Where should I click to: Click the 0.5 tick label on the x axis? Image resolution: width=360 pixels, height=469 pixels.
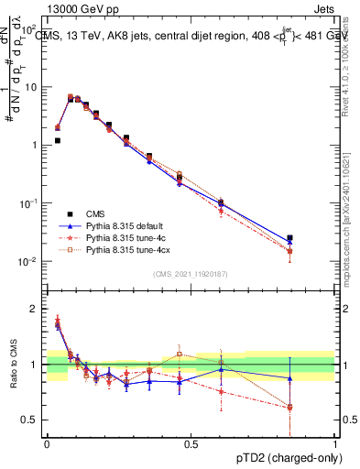click(x=191, y=442)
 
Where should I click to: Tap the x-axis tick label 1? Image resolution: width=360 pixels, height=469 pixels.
click(x=334, y=442)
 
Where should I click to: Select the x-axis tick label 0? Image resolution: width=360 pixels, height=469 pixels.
click(x=47, y=442)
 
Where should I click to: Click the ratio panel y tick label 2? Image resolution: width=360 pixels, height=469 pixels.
click(x=35, y=309)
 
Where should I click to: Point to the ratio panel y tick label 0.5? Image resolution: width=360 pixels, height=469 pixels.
click(x=30, y=420)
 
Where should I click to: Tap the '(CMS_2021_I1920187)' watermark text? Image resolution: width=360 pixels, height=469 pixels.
click(x=191, y=274)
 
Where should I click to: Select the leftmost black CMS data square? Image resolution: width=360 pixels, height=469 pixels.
click(x=57, y=141)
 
